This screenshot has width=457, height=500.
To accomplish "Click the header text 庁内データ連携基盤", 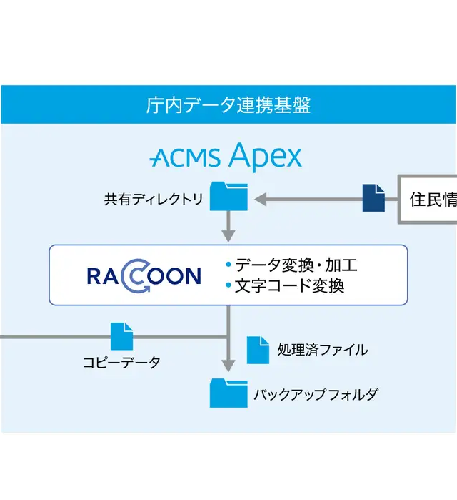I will tap(228, 107).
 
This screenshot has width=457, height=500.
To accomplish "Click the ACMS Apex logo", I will tap(226, 156).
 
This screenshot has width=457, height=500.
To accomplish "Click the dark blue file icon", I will tap(373, 198).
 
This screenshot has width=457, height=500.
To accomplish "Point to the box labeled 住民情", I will tap(428, 199).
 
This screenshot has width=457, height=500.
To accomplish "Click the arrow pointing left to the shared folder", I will tap(307, 198).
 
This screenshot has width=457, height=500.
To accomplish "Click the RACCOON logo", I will tap(144, 275).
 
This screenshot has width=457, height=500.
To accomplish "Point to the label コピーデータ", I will tap(121, 363).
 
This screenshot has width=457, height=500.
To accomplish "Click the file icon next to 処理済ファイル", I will tap(258, 350).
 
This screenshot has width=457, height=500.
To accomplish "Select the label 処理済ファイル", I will tap(323, 350).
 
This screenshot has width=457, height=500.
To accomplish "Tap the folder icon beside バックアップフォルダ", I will tap(228, 393).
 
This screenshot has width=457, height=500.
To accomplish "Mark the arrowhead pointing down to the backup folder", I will tap(228, 366).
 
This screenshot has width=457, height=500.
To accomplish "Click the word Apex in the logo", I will tap(266, 156).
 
